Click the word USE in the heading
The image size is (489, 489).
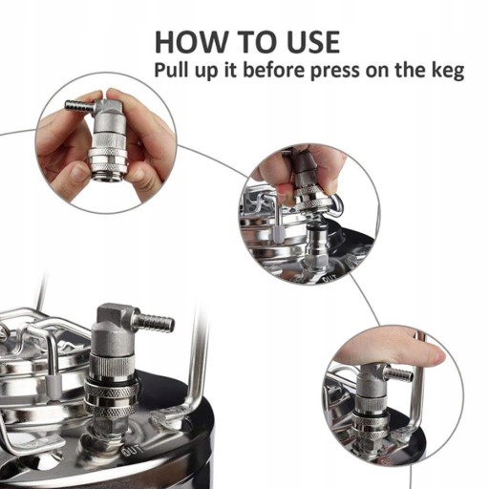tap(313, 42)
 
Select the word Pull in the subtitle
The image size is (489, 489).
tap(170, 70)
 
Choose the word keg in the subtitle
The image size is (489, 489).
tap(448, 71)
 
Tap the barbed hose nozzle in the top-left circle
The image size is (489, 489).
tap(79, 105)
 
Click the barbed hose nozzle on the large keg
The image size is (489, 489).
tap(156, 323)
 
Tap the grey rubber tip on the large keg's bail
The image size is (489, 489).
tap(53, 384)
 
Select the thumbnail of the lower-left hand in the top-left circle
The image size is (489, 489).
tap(76, 172)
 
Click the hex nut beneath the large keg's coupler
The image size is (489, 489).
tap(109, 426)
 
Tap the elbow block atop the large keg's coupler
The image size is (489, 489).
tap(110, 315)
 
